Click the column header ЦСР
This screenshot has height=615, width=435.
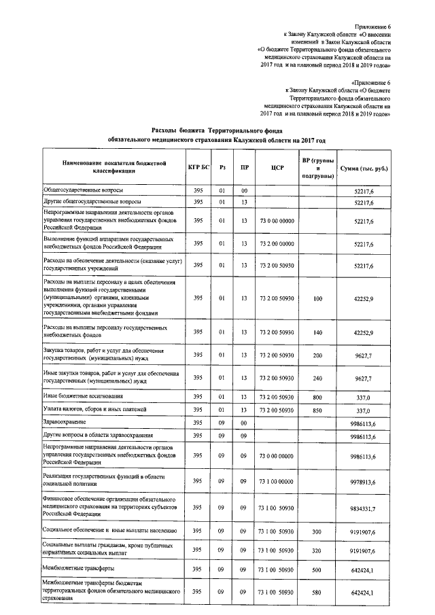pos(276,168)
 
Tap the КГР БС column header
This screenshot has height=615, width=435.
pos(198,168)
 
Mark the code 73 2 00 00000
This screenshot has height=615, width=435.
pos(276,243)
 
